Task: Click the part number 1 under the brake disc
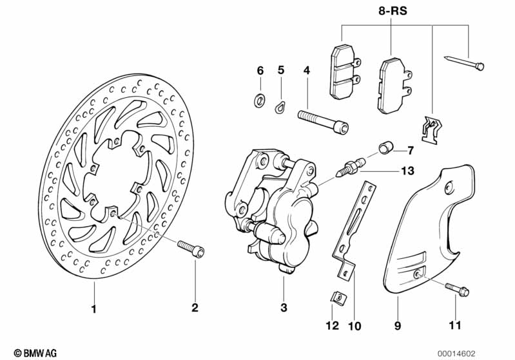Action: (93, 309)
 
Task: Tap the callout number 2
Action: (195, 309)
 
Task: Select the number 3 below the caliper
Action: (283, 309)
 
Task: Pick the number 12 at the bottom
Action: (332, 326)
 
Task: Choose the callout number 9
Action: (398, 326)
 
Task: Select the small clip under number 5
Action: (280, 106)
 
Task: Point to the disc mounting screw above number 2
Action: (190, 248)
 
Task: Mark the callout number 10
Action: (354, 326)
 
